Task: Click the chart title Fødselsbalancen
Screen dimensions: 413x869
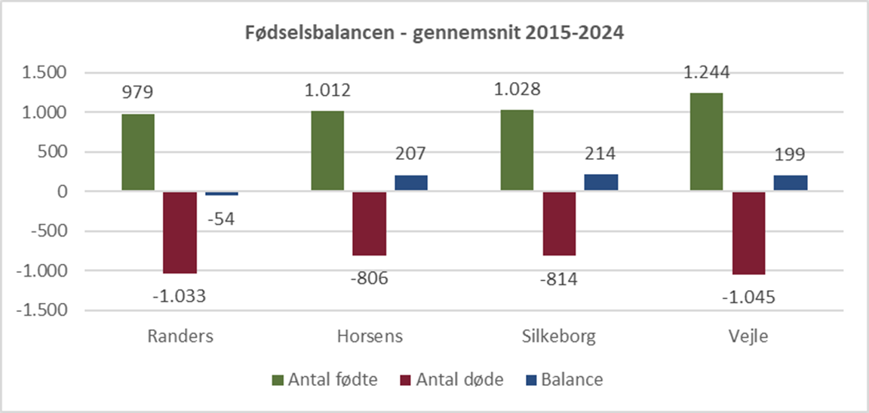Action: tap(434, 34)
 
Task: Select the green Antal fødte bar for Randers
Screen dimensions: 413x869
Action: tap(138, 153)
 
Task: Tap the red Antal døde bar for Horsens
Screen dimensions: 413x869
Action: tap(370, 224)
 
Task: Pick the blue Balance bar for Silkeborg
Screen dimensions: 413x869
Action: tap(601, 182)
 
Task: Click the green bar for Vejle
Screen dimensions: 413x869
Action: tap(706, 142)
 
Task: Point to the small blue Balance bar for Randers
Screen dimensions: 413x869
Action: tap(222, 194)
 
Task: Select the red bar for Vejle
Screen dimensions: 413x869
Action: tap(748, 233)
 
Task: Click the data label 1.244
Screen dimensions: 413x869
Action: tap(707, 73)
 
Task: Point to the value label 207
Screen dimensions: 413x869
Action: tap(411, 154)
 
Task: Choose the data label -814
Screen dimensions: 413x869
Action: tap(559, 279)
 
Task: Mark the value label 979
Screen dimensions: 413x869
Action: tap(137, 93)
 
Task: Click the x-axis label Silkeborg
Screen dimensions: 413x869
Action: tap(559, 336)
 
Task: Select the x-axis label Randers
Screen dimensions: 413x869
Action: tap(180, 336)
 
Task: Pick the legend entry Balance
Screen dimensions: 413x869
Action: tap(572, 380)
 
